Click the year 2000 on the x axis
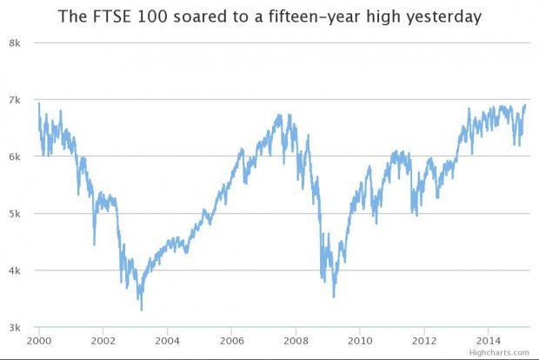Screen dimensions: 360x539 point(39,340)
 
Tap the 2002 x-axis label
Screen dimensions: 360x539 point(103,340)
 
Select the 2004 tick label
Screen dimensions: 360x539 point(168,340)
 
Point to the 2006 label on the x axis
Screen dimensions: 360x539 point(232,340)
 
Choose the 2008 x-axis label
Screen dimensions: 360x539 point(296,340)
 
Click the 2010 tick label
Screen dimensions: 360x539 point(361,340)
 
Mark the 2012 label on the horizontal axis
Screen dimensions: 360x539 point(425,340)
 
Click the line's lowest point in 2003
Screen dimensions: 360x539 point(142,310)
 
